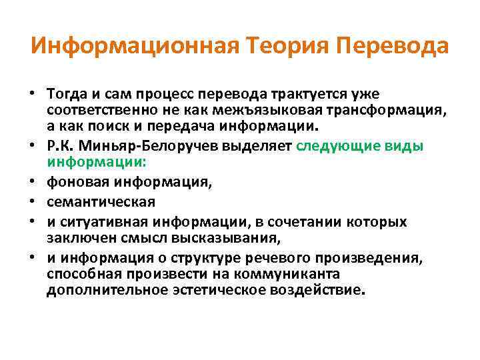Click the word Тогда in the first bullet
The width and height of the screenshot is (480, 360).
coord(67,93)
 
